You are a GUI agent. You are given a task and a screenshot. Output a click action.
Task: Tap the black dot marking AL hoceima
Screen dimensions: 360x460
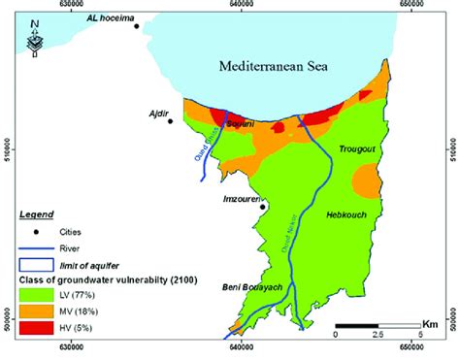coord(137,26)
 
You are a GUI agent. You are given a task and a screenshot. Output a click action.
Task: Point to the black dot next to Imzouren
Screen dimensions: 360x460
coord(262,206)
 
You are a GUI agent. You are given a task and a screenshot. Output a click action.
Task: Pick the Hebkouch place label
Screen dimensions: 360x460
coord(346,214)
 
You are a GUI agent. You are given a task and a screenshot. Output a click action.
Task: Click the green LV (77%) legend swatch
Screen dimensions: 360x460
coord(36,294)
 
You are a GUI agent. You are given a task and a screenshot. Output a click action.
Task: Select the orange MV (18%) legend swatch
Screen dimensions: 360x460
coord(36,312)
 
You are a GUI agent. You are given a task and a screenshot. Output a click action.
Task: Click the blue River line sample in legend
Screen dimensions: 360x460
coord(36,247)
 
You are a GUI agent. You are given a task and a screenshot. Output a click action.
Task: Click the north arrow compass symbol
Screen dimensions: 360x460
coord(34,39)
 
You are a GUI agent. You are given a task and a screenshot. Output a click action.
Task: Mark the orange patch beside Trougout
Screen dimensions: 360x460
coord(366,180)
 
